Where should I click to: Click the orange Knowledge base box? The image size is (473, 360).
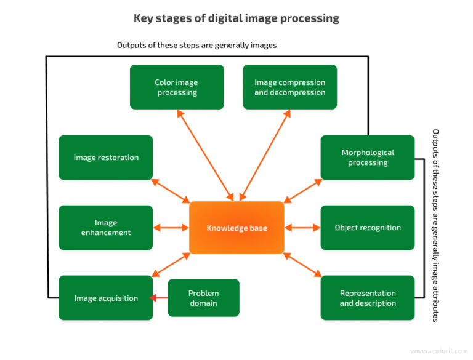(x=236, y=228)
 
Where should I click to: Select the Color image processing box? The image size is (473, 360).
(x=177, y=87)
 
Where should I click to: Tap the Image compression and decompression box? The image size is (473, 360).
(x=289, y=87)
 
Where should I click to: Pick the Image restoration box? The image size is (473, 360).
(x=106, y=158)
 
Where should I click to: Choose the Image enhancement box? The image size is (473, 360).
(x=106, y=228)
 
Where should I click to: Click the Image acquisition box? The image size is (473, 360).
(x=106, y=298)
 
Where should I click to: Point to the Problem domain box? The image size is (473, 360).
(x=203, y=298)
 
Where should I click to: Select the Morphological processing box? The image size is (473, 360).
(x=368, y=158)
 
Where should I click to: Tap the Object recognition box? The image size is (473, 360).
(x=368, y=228)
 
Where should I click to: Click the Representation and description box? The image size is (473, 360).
(x=368, y=298)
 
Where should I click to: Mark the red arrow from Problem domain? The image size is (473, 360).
(x=160, y=298)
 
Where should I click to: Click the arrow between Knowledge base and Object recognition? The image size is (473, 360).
(x=302, y=228)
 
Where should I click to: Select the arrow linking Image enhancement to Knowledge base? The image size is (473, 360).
(x=171, y=228)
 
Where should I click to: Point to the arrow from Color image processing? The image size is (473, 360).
(x=205, y=155)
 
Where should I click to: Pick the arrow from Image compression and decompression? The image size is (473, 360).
(x=265, y=155)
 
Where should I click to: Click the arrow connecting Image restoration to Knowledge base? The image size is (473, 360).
(x=171, y=191)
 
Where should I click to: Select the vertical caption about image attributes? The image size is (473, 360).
(x=435, y=225)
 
